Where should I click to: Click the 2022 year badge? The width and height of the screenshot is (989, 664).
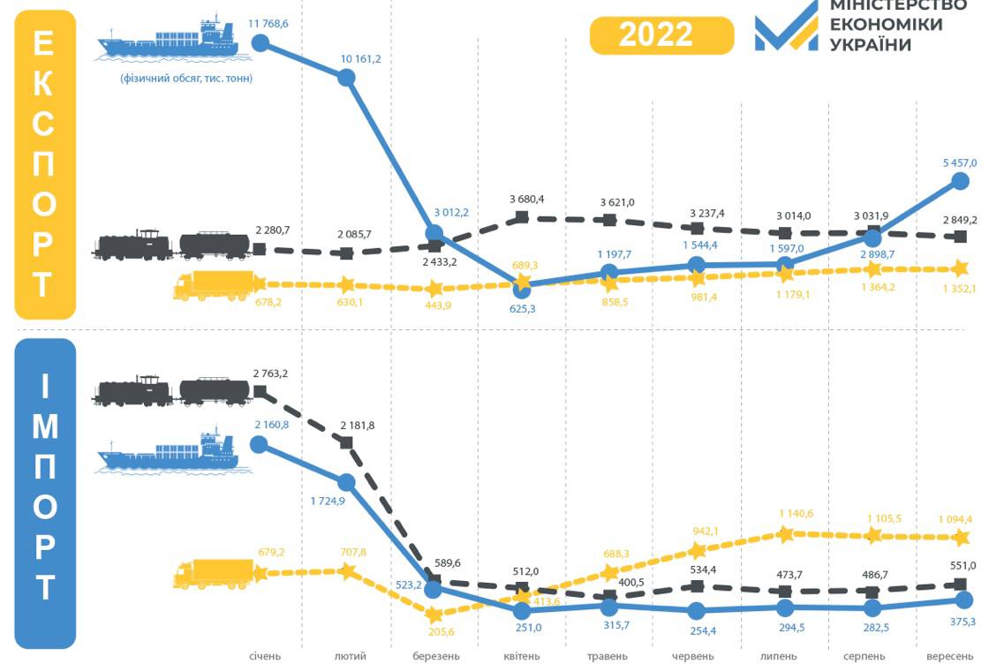(661, 34)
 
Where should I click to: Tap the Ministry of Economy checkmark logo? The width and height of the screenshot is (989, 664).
(786, 26)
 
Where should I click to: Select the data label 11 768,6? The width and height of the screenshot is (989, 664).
(268, 24)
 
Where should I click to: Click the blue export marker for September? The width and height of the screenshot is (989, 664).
(961, 180)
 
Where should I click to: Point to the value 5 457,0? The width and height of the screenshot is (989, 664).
(959, 162)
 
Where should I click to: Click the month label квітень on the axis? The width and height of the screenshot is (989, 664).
(521, 656)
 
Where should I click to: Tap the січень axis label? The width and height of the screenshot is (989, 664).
(264, 656)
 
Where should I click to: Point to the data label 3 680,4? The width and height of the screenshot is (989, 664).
(526, 199)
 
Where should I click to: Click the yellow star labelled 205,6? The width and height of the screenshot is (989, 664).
(434, 614)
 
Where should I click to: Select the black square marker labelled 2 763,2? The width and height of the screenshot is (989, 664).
(260, 390)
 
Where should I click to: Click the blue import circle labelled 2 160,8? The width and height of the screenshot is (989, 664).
(259, 443)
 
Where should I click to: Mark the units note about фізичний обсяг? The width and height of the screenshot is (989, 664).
(186, 79)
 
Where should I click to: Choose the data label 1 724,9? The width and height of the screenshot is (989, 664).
(328, 501)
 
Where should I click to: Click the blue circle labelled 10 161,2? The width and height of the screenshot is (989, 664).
(347, 78)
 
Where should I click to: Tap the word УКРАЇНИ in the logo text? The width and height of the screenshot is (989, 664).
(870, 44)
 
